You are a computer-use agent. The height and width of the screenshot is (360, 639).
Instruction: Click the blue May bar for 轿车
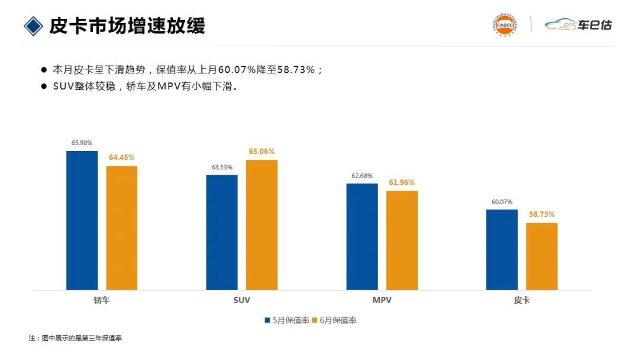(82, 220)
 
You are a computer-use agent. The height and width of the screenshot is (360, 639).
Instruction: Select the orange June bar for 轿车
(122, 228)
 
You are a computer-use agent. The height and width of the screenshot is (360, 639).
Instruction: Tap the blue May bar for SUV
(222, 232)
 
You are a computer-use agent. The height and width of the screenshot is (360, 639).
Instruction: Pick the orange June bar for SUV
(262, 225)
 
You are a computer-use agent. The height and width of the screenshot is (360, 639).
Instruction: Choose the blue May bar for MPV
(362, 237)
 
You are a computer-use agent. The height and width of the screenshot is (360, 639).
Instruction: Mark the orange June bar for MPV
(402, 240)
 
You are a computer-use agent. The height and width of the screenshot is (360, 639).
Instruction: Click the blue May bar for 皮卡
(502, 249)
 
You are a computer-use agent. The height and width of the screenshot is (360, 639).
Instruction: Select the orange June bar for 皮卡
(542, 256)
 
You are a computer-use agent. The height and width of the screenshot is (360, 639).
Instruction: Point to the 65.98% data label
(82, 143)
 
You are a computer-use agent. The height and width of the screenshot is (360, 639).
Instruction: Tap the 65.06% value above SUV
(262, 152)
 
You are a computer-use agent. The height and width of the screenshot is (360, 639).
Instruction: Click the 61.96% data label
(402, 182)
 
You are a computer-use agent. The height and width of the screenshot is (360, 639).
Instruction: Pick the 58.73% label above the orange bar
(542, 214)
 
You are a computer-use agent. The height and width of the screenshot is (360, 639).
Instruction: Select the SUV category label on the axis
(241, 300)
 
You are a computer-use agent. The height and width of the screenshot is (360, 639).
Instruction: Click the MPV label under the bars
(382, 300)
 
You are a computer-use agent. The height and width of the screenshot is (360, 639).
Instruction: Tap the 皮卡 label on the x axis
(522, 300)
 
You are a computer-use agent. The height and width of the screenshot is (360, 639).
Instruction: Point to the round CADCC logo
(504, 25)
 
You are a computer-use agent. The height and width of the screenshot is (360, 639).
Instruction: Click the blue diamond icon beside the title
(33, 25)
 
